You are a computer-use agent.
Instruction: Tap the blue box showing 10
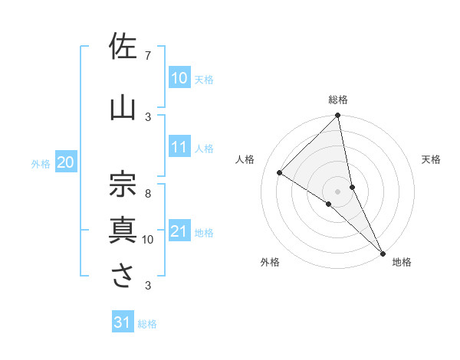tap(179, 77)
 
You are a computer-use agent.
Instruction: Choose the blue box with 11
tap(179, 148)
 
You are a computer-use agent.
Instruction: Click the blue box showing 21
tap(179, 232)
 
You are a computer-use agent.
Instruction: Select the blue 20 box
tap(66, 162)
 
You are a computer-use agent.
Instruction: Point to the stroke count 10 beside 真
tap(148, 240)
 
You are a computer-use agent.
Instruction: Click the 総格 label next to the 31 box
tap(147, 324)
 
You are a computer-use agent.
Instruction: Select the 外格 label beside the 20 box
tap(41, 163)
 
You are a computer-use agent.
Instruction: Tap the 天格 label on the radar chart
tap(432, 159)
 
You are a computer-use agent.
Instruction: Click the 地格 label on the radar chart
tap(402, 262)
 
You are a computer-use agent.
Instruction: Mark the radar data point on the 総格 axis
tap(338, 116)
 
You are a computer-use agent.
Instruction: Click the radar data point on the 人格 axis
tap(280, 172)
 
